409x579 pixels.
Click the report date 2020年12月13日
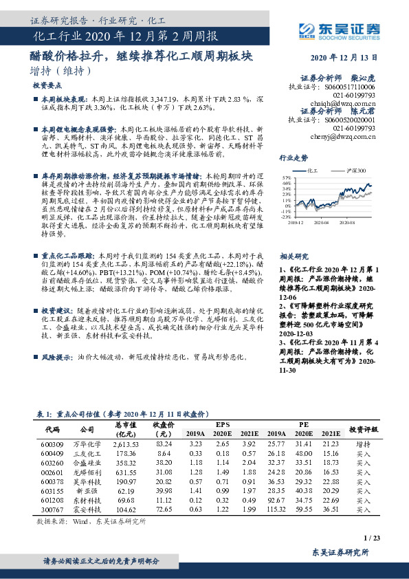click(349, 58)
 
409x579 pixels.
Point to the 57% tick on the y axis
click(285, 177)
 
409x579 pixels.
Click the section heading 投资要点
click(46, 86)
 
